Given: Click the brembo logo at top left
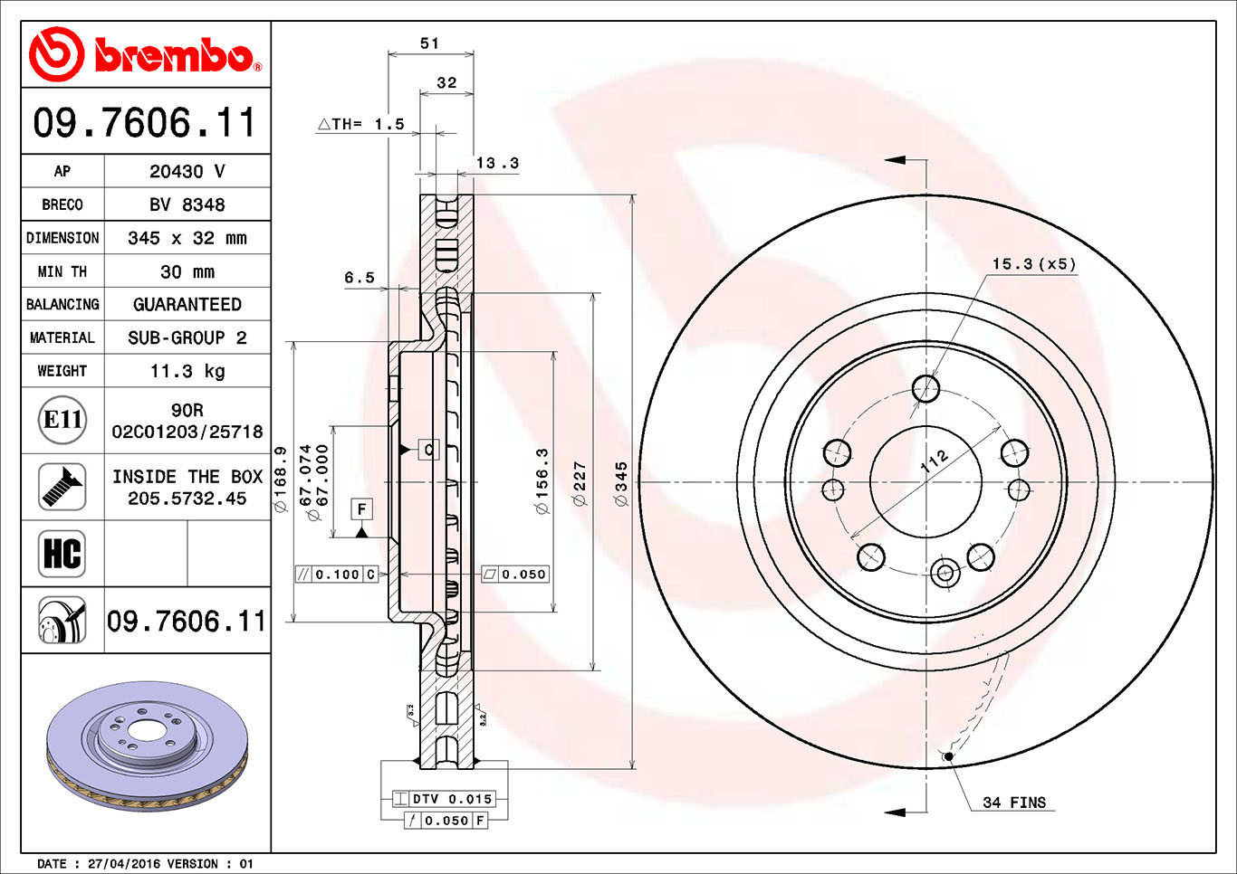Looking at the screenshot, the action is (145, 55).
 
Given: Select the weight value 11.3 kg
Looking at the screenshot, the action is (187, 371).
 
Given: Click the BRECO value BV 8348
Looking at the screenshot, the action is (187, 204).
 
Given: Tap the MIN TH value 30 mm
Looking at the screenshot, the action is (187, 271).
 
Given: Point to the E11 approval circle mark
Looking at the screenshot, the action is (63, 420).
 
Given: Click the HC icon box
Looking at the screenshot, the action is (62, 554).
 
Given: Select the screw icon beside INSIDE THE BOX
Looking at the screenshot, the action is (62, 487).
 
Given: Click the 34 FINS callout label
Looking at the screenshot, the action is (1013, 803).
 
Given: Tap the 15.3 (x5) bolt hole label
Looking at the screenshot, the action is (1033, 264).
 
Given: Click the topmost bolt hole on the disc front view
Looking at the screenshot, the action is (925, 389).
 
